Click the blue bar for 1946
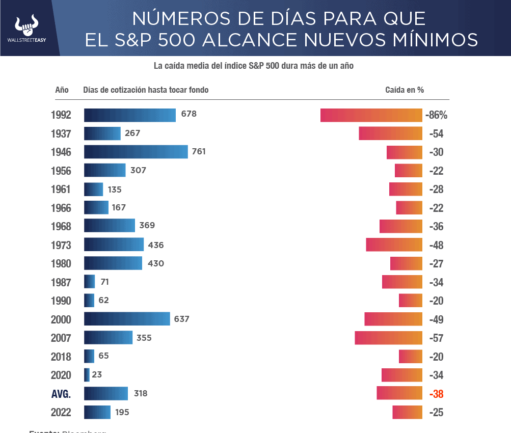pyautogui.click(x=136, y=152)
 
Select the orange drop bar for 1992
pyautogui.click(x=371, y=115)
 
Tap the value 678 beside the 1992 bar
pyautogui.click(x=189, y=114)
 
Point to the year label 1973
pyautogui.click(x=61, y=246)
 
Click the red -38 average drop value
pyautogui.click(x=436, y=394)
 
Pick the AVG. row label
pyautogui.click(x=61, y=394)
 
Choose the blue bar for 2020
pyautogui.click(x=87, y=375)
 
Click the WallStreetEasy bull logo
pyautogui.click(x=26, y=25)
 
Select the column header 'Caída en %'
pyautogui.click(x=404, y=90)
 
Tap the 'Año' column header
pyautogui.click(x=62, y=90)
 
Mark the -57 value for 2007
pyautogui.click(x=436, y=338)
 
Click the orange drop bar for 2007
pyautogui.click(x=388, y=338)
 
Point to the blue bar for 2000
pyautogui.click(x=127, y=319)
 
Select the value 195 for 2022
pyautogui.click(x=122, y=412)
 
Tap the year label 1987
pyautogui.click(x=61, y=282)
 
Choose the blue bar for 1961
pyautogui.click(x=93, y=190)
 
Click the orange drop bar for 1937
pyautogui.click(x=390, y=133)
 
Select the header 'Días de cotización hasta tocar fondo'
pyautogui.click(x=146, y=90)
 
